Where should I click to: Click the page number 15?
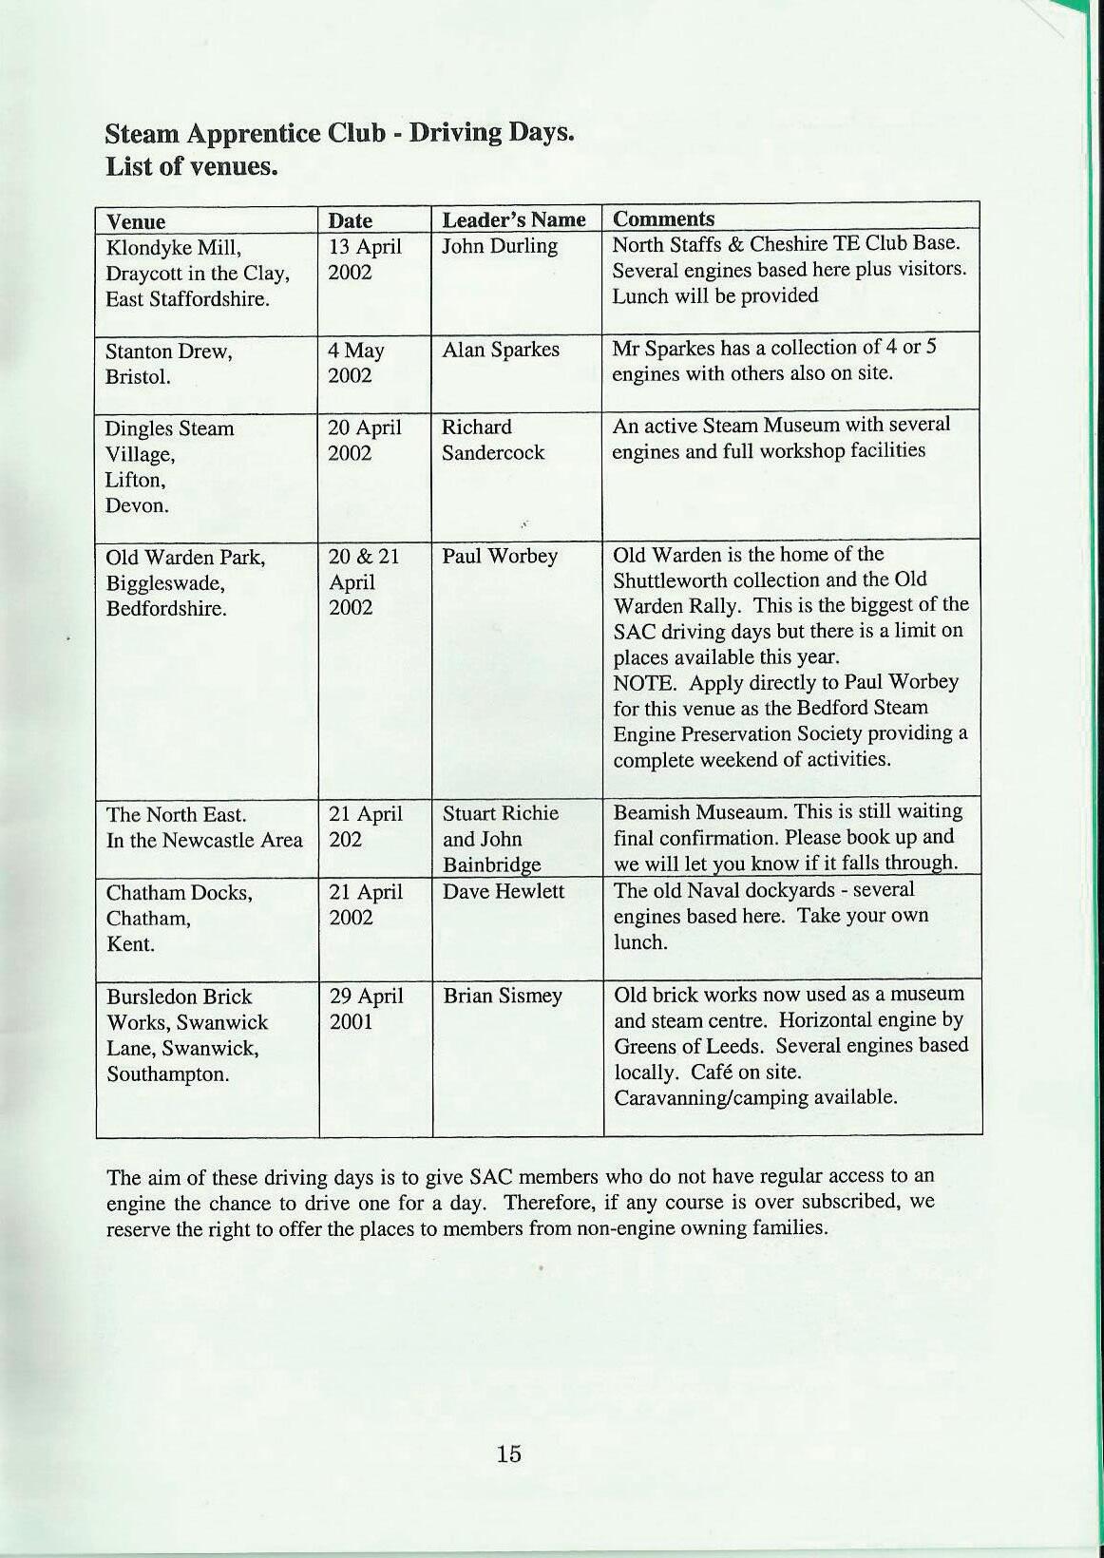[x=508, y=1453]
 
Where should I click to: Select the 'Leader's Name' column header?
[x=514, y=220]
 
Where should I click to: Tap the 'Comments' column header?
[x=663, y=219]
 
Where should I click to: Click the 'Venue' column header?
[x=136, y=222]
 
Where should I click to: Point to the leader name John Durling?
[x=500, y=246]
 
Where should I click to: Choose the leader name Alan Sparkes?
[x=501, y=350]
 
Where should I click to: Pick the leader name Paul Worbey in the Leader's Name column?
[x=500, y=556]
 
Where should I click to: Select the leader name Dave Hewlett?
[x=504, y=892]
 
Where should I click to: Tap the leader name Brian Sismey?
[x=503, y=997]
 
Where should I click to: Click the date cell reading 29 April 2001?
[x=366, y=1009]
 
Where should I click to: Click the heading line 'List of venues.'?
[x=191, y=167]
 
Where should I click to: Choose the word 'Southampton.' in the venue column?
[x=167, y=1075]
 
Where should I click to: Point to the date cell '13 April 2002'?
[x=365, y=259]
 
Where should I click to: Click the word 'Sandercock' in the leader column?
[x=493, y=453]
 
